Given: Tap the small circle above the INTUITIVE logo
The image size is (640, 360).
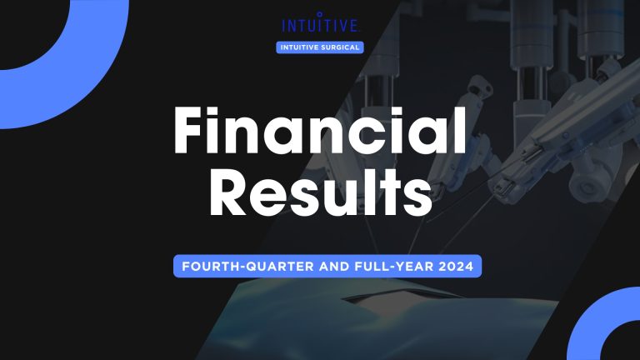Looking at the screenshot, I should click(x=320, y=13).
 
